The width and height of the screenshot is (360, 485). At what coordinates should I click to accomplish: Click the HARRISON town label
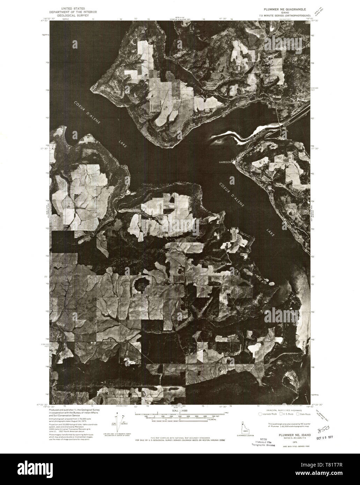coord(225,162)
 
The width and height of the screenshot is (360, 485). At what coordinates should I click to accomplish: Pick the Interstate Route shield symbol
coord(260,414)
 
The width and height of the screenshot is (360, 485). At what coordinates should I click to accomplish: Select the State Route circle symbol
coord(298,414)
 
